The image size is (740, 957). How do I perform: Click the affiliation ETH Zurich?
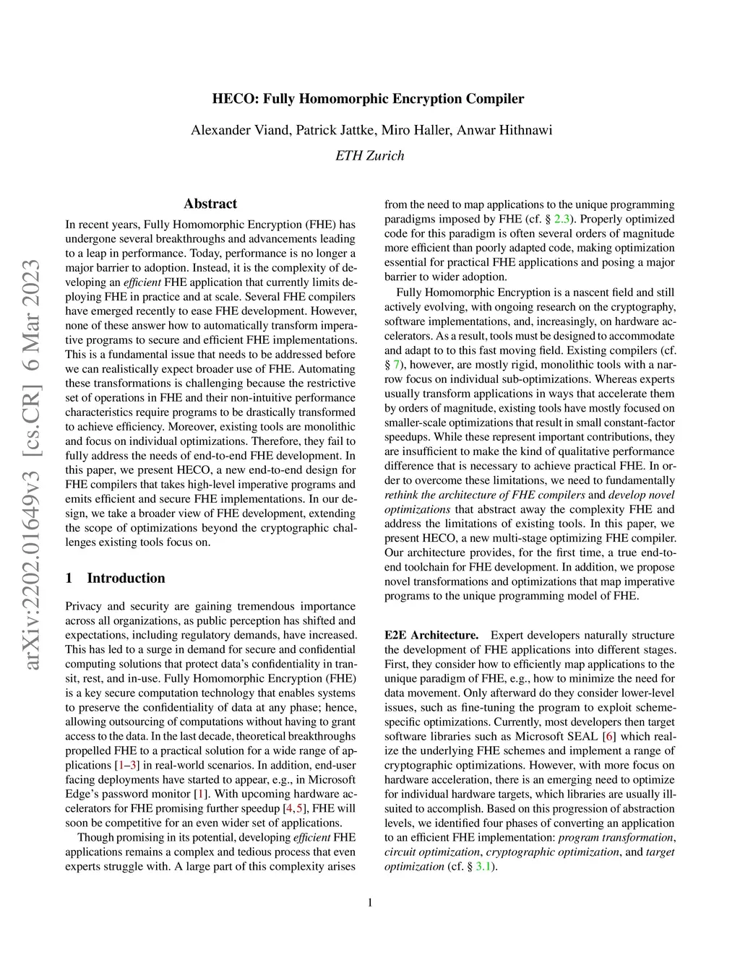(x=370, y=156)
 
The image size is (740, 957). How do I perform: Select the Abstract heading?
(x=210, y=204)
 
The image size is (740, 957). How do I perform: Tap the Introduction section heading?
(x=126, y=578)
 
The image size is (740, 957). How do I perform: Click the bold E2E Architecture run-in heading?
(x=431, y=636)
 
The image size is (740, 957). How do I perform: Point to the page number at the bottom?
(x=370, y=902)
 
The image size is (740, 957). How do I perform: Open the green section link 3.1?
(x=483, y=867)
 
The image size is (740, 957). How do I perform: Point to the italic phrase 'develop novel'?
(x=642, y=495)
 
